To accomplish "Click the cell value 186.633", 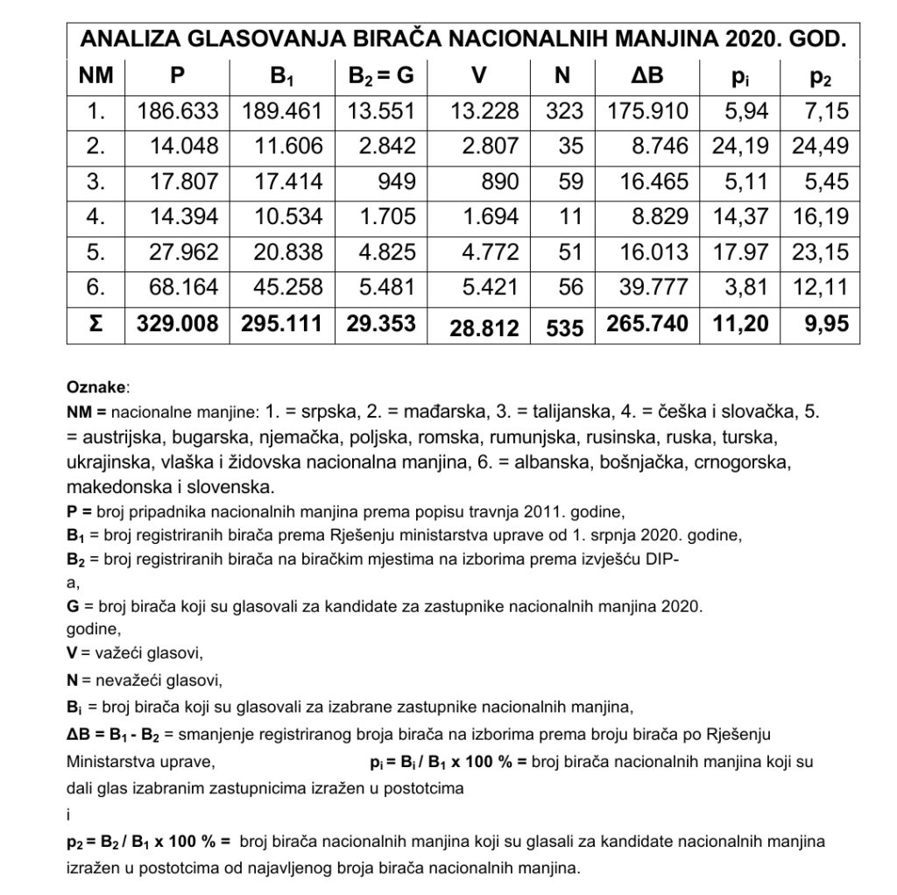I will point(179,111).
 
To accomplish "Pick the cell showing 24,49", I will point(820,146).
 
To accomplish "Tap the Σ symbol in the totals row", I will point(95,324).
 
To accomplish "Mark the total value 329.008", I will point(178,324).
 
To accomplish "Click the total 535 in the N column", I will point(563,327).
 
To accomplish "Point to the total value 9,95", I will point(827,324).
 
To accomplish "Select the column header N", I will point(562,75).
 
